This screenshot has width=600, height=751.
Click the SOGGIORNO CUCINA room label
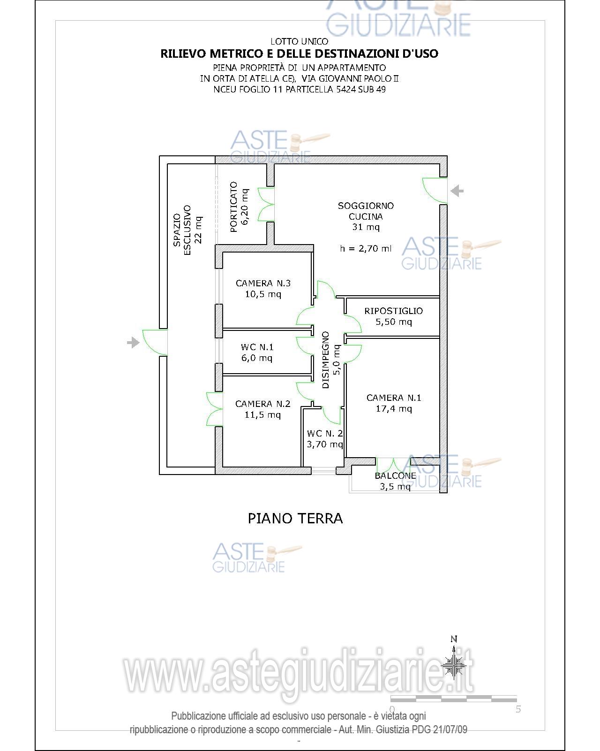(x=366, y=211)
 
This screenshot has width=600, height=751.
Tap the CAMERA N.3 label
(x=263, y=283)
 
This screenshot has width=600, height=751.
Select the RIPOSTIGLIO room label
(x=394, y=311)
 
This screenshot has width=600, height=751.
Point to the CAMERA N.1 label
(x=394, y=398)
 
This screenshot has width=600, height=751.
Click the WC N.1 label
(x=257, y=347)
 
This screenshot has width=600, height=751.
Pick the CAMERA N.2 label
(x=263, y=404)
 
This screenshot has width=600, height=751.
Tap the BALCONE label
(x=395, y=475)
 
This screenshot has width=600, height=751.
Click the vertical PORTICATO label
(x=233, y=207)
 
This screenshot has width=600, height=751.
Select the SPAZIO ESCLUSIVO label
(x=182, y=230)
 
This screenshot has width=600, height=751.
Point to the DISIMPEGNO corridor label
(x=325, y=360)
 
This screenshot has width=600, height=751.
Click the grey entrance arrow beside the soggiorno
(x=457, y=191)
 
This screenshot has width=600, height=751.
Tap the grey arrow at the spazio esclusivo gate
(x=133, y=342)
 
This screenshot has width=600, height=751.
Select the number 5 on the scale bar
(x=518, y=709)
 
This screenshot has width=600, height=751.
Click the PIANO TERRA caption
(x=295, y=519)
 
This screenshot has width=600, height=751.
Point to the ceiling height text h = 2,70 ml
(x=366, y=248)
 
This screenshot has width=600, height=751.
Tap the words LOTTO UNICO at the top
(x=300, y=41)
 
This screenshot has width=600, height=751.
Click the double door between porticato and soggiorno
(x=266, y=204)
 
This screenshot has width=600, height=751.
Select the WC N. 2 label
(x=325, y=433)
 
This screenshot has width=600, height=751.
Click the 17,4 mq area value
(x=394, y=409)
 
